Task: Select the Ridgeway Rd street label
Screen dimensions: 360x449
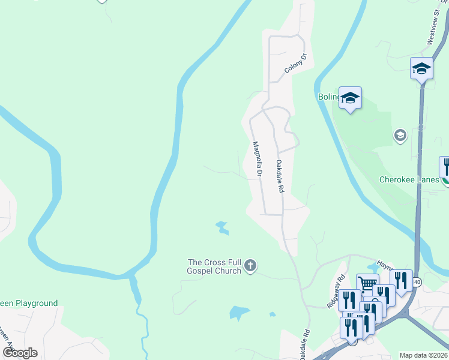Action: pyautogui.click(x=337, y=292)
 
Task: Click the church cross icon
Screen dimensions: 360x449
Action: pyautogui.click(x=250, y=265)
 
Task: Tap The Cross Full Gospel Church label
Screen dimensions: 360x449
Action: pyautogui.click(x=214, y=266)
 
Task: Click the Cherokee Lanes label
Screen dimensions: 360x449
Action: pyautogui.click(x=410, y=179)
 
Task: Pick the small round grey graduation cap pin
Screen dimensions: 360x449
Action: pyautogui.click(x=400, y=136)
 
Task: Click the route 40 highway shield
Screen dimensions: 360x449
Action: pyautogui.click(x=417, y=281)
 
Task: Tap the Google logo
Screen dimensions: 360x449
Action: pyautogui.click(x=20, y=352)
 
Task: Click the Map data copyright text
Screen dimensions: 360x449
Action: pyautogui.click(x=423, y=355)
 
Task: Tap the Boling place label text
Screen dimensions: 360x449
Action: pyautogui.click(x=327, y=97)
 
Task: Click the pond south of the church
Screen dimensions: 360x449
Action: pyautogui.click(x=238, y=313)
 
